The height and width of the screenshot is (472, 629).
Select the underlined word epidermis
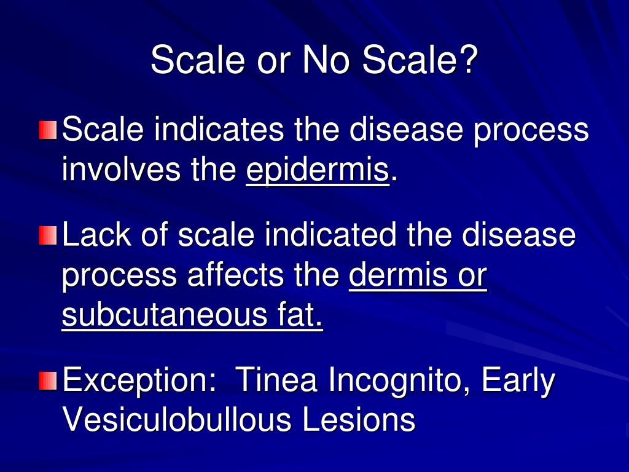pyautogui.click(x=318, y=170)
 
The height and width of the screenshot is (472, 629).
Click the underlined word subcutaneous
pyautogui.click(x=160, y=317)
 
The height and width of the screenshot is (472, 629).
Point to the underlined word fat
pyautogui.click(x=296, y=317)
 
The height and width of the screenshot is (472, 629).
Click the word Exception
pyautogui.click(x=138, y=380)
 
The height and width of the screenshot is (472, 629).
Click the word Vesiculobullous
pyautogui.click(x=177, y=420)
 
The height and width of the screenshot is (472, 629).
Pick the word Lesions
pyautogui.click(x=358, y=420)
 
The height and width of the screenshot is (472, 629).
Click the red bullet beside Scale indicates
pyautogui.click(x=48, y=130)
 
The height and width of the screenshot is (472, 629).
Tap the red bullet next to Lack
pyautogui.click(x=48, y=235)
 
